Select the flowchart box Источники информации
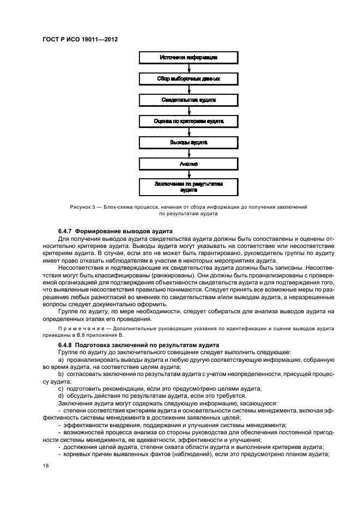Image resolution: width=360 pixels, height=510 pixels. pyautogui.click(x=189, y=58)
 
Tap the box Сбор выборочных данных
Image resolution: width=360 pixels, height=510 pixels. pyautogui.click(x=189, y=79)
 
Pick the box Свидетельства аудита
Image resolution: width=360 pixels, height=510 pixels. pyautogui.click(x=189, y=100)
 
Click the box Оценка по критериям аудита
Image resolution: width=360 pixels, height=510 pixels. pyautogui.click(x=189, y=122)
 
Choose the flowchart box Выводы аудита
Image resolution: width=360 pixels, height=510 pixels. pyautogui.click(x=189, y=143)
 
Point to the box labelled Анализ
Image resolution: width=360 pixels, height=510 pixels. pyautogui.click(x=189, y=164)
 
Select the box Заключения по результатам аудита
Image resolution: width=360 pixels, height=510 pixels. pyautogui.click(x=189, y=188)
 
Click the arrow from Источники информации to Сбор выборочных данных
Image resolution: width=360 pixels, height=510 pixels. pyautogui.click(x=189, y=69)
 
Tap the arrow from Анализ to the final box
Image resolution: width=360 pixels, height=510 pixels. pyautogui.click(x=189, y=174)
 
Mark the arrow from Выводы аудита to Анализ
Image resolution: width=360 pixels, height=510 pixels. pyautogui.click(x=189, y=154)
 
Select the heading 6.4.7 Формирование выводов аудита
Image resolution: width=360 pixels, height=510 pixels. pyautogui.click(x=112, y=232)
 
